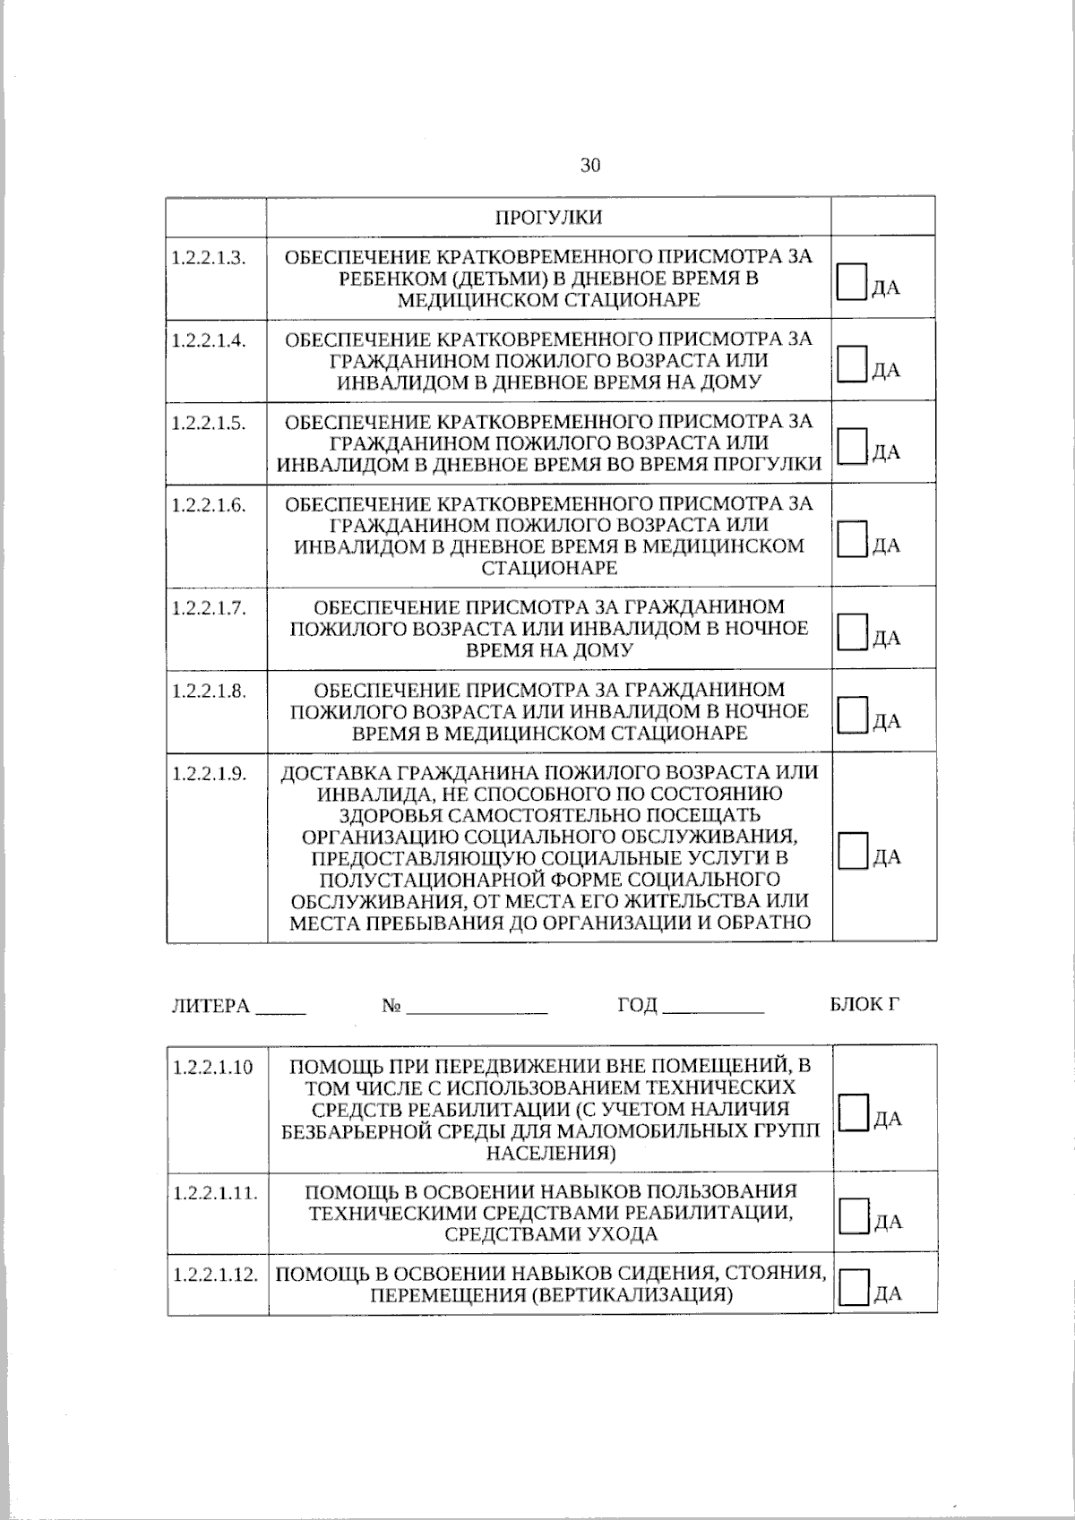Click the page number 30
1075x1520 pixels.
(590, 166)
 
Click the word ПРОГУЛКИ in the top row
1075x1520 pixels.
(549, 218)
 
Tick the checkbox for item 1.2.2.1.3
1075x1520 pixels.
(852, 280)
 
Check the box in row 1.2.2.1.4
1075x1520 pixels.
(852, 364)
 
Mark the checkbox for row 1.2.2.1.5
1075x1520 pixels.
(852, 445)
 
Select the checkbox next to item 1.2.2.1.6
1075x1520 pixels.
(852, 538)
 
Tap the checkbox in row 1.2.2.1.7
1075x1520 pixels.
(852, 631)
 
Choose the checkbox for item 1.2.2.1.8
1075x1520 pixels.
(852, 714)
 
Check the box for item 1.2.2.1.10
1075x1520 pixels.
(854, 1112)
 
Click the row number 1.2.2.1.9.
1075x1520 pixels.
(209, 773)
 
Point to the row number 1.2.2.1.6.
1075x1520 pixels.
(209, 504)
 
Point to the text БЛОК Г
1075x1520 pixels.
(864, 1004)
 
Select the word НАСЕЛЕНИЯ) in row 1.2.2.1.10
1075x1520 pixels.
(550, 1153)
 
